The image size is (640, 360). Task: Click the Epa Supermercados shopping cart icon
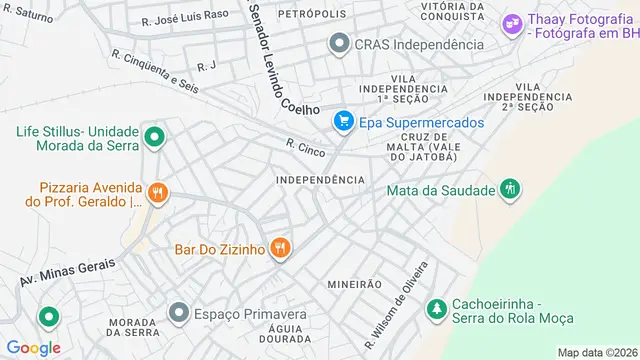343,122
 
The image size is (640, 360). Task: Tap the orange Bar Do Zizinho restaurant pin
280,247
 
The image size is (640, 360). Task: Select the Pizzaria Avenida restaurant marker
156,191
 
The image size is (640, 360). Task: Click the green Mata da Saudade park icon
510,188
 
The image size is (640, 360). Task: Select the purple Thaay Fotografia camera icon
513,23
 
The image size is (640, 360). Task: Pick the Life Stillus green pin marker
154,137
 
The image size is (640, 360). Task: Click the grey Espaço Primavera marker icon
179,313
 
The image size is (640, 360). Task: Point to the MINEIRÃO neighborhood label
354,284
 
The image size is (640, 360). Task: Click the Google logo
33,347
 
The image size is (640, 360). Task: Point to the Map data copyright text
597,352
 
